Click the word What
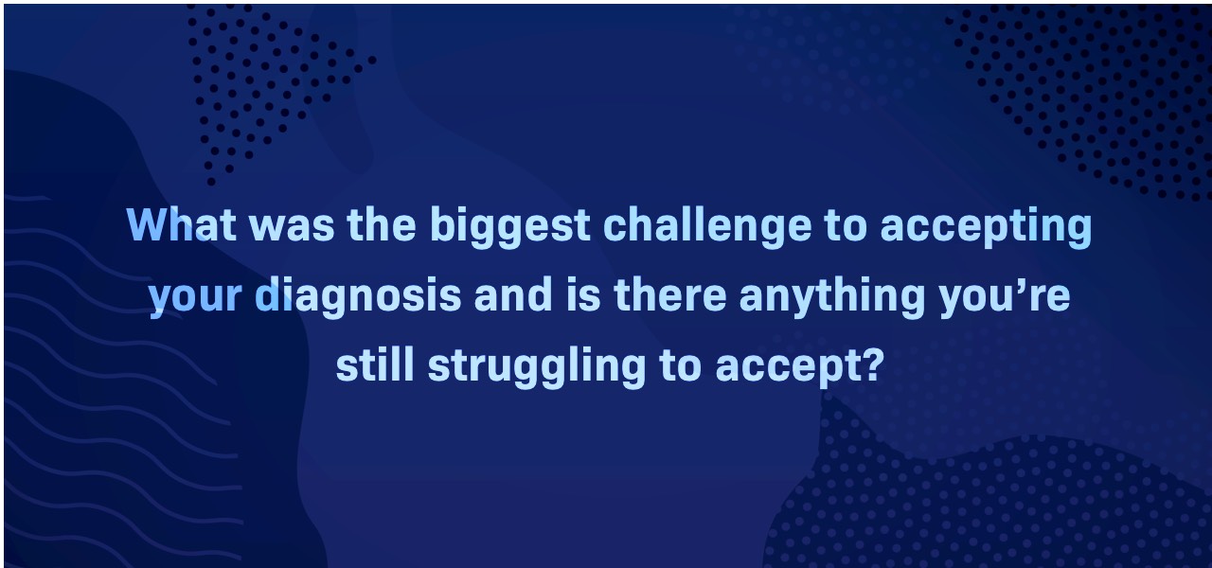(181, 224)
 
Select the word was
(292, 228)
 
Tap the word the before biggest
(382, 224)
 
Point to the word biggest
(509, 228)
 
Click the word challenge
(707, 228)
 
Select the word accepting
(987, 228)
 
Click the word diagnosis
(358, 297)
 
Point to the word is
(583, 293)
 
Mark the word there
(669, 293)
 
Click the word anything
(832, 297)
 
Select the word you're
(1005, 297)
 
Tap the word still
(375, 364)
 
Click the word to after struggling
(681, 365)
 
